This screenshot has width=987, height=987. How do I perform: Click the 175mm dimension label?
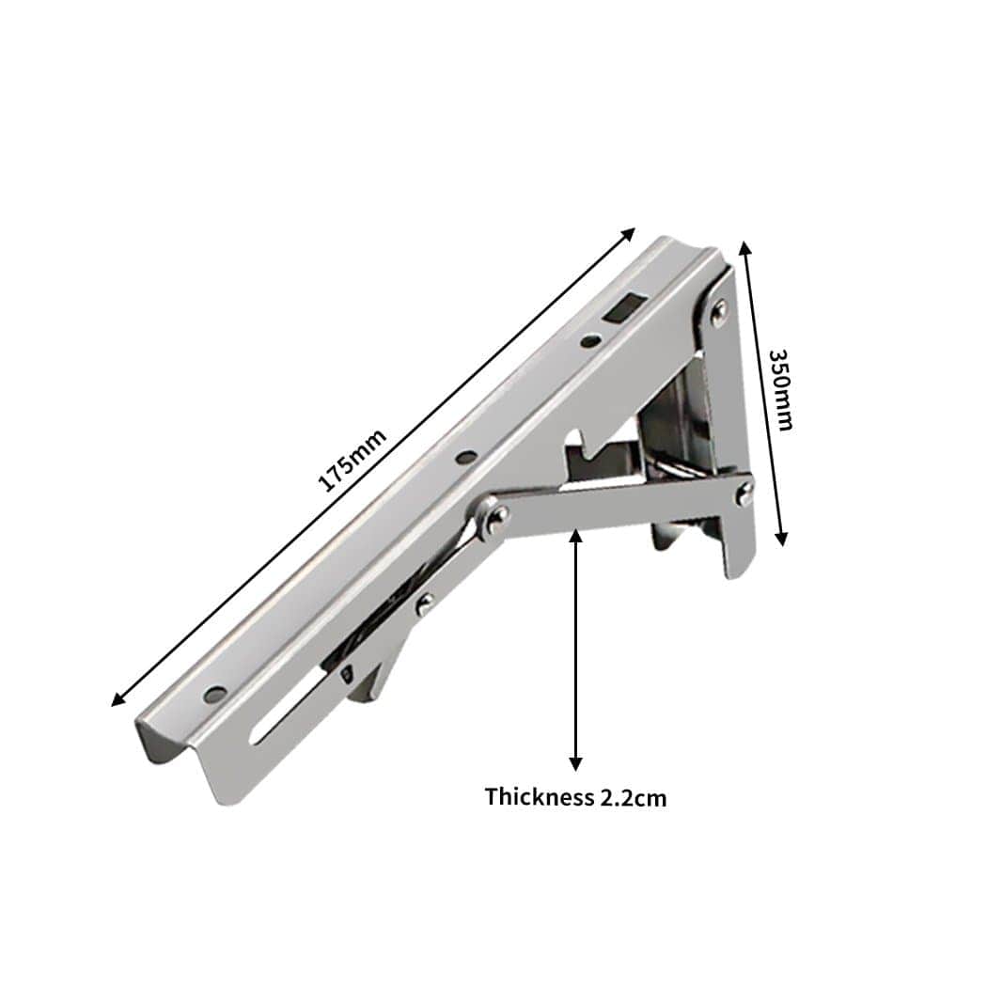pos(352,460)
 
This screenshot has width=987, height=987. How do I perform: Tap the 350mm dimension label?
pos(780,389)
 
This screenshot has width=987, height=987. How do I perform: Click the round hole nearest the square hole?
pos(589,341)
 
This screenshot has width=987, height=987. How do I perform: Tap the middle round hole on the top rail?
pos(465,459)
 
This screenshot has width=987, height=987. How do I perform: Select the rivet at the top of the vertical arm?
pos(718,309)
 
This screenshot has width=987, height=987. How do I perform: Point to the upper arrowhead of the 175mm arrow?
pos(632,231)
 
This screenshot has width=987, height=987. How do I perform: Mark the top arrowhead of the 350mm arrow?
pos(744,246)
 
